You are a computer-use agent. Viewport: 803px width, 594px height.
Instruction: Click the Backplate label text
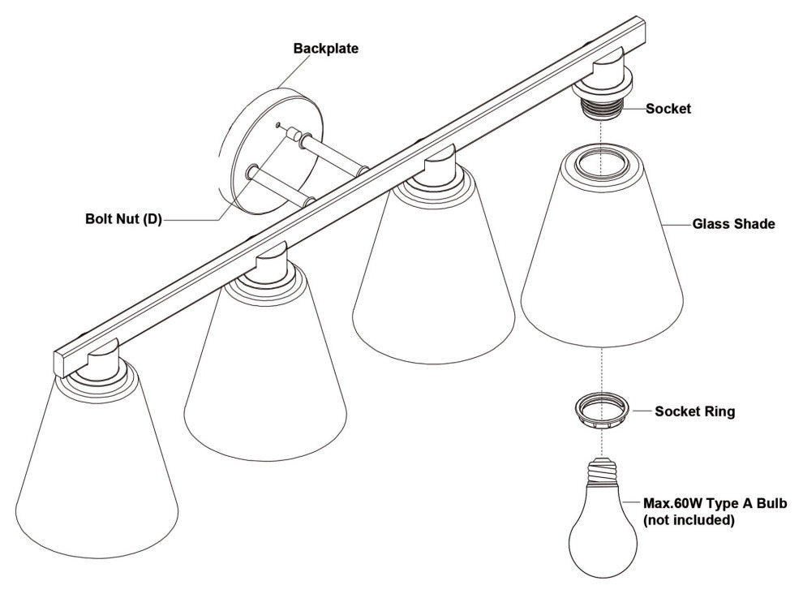[326, 49]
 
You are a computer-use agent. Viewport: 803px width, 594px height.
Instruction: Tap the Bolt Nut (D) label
[123, 219]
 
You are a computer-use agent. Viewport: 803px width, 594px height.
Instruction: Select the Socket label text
[668, 109]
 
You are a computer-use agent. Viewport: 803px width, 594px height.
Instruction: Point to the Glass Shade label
[733, 224]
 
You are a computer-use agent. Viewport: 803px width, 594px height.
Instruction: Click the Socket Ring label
[694, 411]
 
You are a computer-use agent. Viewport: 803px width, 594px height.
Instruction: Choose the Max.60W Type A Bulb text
[715, 503]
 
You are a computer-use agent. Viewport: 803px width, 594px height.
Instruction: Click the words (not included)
[689, 520]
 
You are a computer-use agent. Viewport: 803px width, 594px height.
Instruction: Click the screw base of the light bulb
[603, 471]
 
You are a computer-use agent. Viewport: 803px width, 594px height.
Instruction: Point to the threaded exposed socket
[602, 107]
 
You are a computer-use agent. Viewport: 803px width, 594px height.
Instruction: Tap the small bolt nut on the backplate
[294, 136]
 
